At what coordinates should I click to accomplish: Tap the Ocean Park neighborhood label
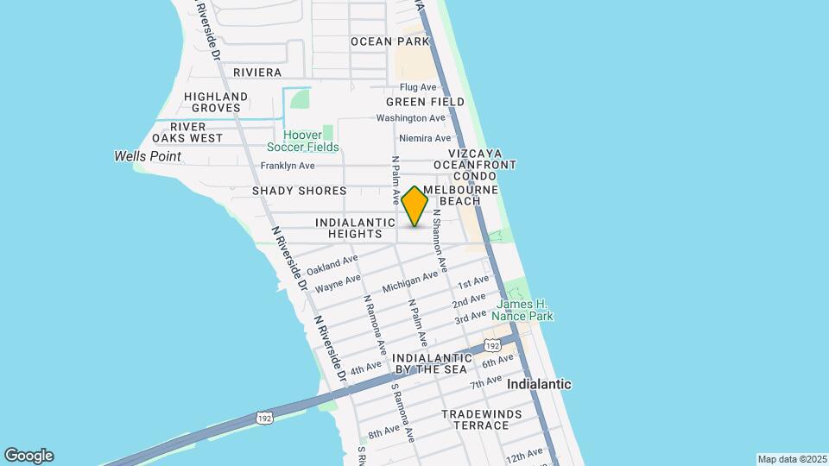(x=389, y=41)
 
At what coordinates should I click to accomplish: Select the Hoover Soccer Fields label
(x=303, y=141)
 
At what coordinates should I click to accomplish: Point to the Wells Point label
(x=148, y=156)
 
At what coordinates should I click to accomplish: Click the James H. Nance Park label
(x=524, y=310)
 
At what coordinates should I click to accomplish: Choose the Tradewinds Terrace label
(x=481, y=419)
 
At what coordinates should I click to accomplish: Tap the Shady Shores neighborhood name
(x=299, y=190)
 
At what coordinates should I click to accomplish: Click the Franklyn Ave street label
(x=288, y=165)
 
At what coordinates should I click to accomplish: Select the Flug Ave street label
(x=418, y=87)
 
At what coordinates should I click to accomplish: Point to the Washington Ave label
(x=410, y=117)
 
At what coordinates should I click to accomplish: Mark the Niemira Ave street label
(x=425, y=138)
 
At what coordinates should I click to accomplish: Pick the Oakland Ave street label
(x=332, y=264)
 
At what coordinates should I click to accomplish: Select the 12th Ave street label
(x=524, y=455)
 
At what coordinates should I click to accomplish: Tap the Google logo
(x=28, y=456)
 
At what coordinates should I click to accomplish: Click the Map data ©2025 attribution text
(x=790, y=459)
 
